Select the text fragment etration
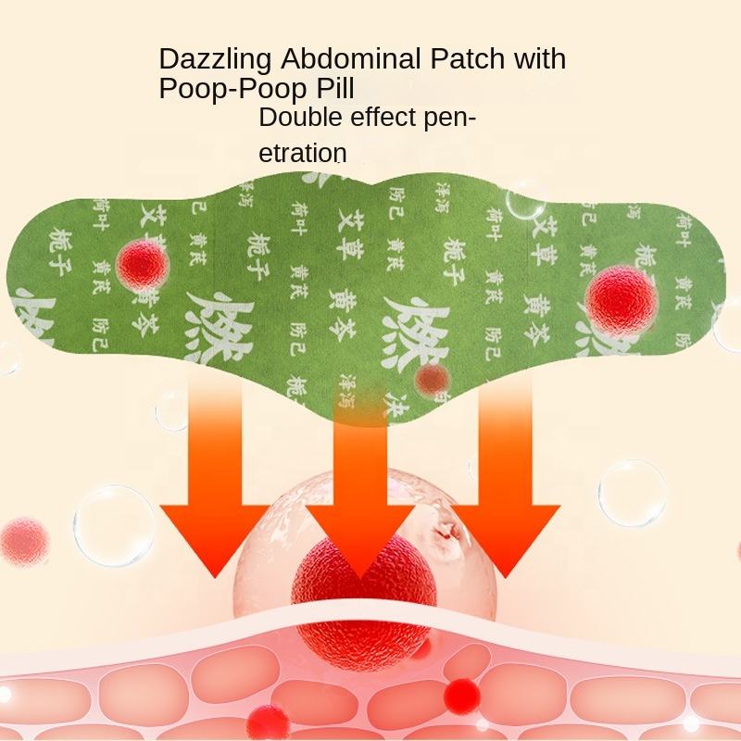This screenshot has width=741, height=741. [302, 152]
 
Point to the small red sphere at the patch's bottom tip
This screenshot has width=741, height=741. [433, 378]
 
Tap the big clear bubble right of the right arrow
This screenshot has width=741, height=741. [636, 492]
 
